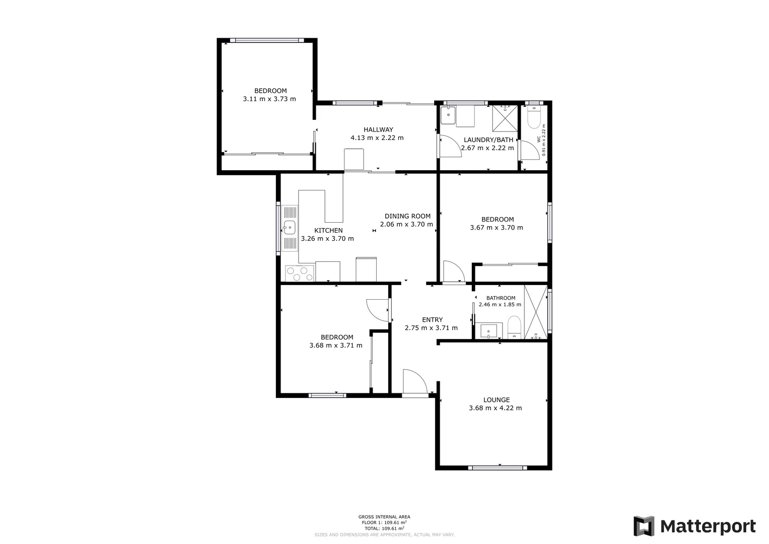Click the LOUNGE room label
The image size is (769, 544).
pyautogui.click(x=497, y=399)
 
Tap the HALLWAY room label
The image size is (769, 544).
pyautogui.click(x=378, y=129)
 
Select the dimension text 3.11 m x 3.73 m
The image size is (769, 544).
pyautogui.click(x=269, y=99)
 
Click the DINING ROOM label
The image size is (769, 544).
pyautogui.click(x=407, y=216)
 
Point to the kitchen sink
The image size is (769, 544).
pyautogui.click(x=290, y=227)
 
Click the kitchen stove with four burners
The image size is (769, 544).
pyautogui.click(x=299, y=274)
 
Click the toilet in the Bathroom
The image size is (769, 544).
pyautogui.click(x=514, y=327)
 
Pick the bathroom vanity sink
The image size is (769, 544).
pyautogui.click(x=489, y=331)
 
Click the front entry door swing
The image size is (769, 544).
pyautogui.click(x=413, y=382)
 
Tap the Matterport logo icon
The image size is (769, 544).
pyautogui.click(x=644, y=526)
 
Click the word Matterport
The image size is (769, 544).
pyautogui.click(x=708, y=527)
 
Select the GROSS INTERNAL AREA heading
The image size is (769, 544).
pyautogui.click(x=384, y=517)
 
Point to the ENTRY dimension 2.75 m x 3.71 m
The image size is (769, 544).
pyautogui.click(x=431, y=328)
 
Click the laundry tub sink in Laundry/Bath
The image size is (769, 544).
pyautogui.click(x=448, y=115)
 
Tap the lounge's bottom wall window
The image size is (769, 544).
pyautogui.click(x=497, y=468)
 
